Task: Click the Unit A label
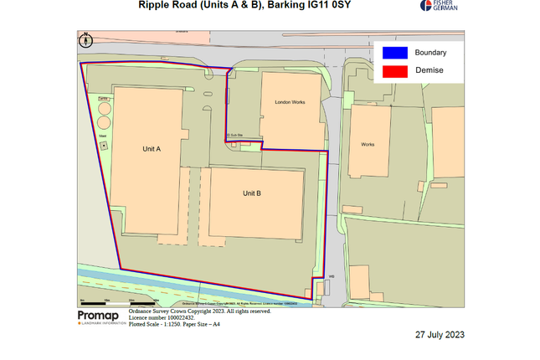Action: pos(152,148)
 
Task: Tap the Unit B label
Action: pos(252,193)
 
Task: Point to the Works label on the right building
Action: pos(368,144)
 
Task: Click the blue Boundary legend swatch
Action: pos(395,52)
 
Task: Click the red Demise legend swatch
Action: pos(395,70)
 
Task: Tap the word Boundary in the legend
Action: pos(430,52)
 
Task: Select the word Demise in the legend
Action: pos(429,70)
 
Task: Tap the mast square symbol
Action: pos(103,146)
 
